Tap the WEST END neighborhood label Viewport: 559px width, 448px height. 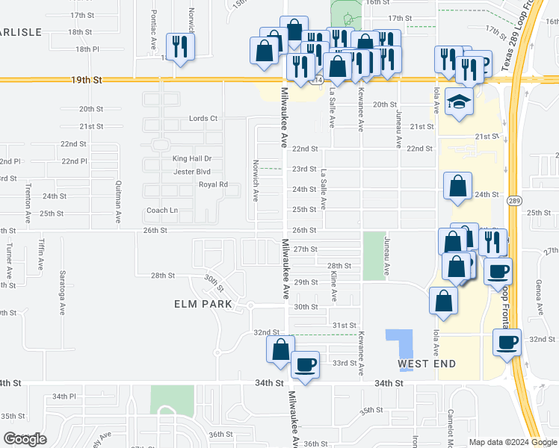426,364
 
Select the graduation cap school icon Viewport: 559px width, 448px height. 458,102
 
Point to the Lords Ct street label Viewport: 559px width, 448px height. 203,118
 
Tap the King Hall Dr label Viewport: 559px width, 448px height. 192,158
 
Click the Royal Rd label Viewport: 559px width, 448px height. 212,184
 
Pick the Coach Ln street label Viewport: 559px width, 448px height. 162,211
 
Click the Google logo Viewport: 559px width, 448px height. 25,439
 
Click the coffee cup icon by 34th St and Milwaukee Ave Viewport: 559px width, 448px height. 305,364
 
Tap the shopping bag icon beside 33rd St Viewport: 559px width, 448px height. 280,349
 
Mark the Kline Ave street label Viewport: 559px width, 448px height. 333,287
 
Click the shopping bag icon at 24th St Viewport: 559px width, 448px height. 457,186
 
